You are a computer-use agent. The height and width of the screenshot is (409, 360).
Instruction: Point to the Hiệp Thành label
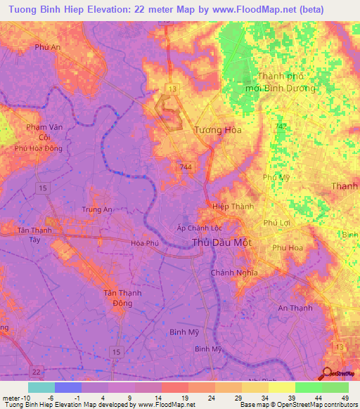pyautogui.click(x=233, y=207)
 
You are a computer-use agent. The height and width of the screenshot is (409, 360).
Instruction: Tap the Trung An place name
pyautogui.click(x=97, y=209)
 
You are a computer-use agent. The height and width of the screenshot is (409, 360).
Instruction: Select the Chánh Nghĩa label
pyautogui.click(x=234, y=273)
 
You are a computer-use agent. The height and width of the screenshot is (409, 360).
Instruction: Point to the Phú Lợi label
pyautogui.click(x=276, y=222)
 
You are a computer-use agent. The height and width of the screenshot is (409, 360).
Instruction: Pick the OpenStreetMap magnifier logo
pyautogui.click(x=327, y=373)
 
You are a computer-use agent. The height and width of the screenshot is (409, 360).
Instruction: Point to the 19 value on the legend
pyautogui.click(x=175, y=396)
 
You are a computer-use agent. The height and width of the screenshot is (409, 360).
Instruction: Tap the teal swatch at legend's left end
pyautogui.click(x=41, y=387)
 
